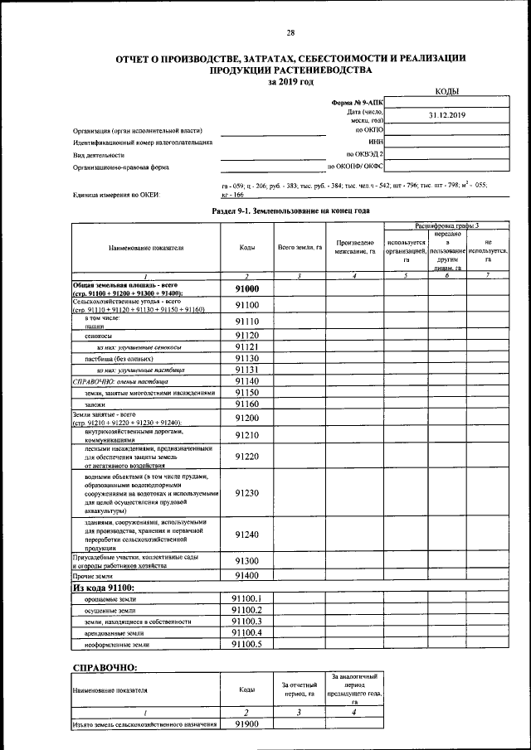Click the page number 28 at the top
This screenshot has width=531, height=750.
[290, 33]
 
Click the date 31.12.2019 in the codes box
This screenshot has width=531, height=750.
[448, 115]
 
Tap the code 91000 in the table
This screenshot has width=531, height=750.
[246, 289]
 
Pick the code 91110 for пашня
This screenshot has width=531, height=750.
[246, 322]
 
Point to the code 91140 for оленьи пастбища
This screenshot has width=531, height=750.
[246, 380]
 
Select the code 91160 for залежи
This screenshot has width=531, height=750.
[246, 404]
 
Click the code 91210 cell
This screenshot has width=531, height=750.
[246, 434]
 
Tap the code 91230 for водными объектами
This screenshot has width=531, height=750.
[246, 493]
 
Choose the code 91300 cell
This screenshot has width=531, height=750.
[246, 561]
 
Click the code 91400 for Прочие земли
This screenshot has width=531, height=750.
[246, 575]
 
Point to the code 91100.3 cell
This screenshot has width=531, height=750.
[246, 621]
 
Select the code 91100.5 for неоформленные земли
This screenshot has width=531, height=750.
[246, 643]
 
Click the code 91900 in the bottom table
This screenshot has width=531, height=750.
[246, 723]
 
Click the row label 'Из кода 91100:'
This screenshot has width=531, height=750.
[105, 588]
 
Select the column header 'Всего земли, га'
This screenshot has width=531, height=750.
[300, 248]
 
